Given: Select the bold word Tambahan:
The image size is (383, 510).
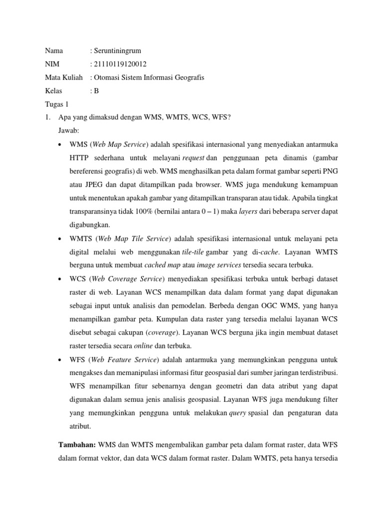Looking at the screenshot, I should click(78, 444).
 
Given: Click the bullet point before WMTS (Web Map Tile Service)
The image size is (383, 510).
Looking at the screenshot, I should click(60, 239).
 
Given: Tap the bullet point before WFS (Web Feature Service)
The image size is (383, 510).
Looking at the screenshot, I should click(60, 360).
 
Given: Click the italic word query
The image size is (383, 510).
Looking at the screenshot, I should click(237, 413).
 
